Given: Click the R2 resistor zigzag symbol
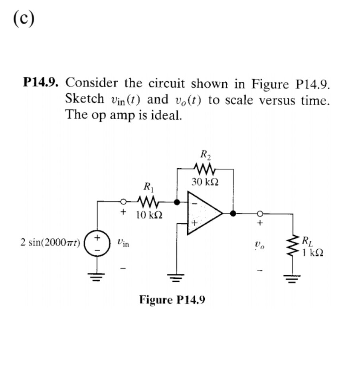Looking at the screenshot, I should [x=204, y=169].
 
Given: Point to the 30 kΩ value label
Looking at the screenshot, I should [x=204, y=183].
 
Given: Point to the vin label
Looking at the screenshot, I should [x=123, y=242].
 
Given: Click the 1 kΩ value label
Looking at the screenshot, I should [x=313, y=252].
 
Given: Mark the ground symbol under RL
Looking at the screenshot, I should [x=293, y=276].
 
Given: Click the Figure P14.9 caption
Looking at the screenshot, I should [x=172, y=299].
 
